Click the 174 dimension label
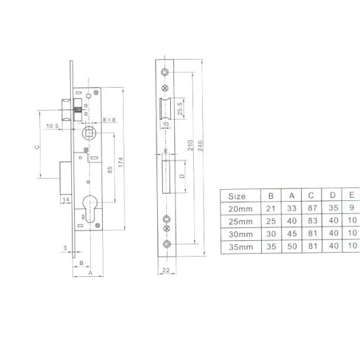click(x=121, y=162)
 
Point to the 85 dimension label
click(x=110, y=170)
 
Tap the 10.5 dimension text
click(x=52, y=126)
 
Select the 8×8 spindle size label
click(x=109, y=120)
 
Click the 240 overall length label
click(x=200, y=145)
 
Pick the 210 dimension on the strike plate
click(x=190, y=145)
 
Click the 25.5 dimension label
click(x=180, y=109)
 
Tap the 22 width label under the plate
click(x=166, y=270)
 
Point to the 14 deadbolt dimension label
click(x=65, y=199)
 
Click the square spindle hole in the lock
click(x=89, y=133)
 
